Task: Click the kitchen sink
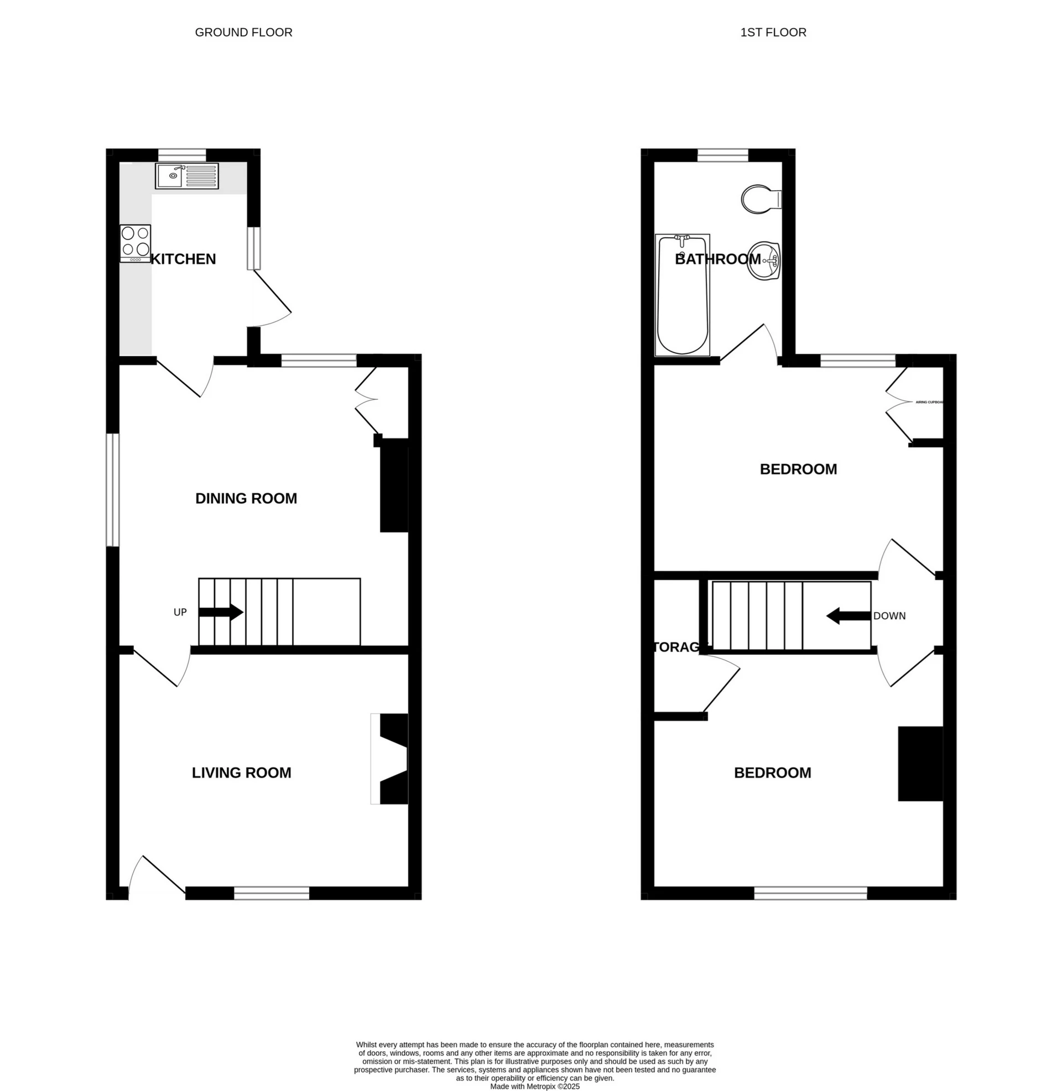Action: [188, 176]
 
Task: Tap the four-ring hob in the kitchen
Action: [135, 243]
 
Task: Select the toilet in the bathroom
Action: [761, 199]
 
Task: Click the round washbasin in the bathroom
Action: [763, 260]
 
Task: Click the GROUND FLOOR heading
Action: [243, 32]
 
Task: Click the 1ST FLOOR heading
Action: [773, 32]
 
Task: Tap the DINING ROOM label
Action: [246, 498]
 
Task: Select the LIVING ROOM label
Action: [241, 772]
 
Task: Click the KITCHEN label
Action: [184, 259]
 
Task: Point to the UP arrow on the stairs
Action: [221, 612]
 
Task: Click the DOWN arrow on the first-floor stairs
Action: [848, 616]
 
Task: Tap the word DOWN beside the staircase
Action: [889, 616]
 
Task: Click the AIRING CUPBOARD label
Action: [929, 402]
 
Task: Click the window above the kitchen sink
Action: [182, 154]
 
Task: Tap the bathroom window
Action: [722, 154]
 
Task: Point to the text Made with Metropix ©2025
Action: [534, 1087]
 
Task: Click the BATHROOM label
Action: [717, 259]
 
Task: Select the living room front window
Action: [271, 893]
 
